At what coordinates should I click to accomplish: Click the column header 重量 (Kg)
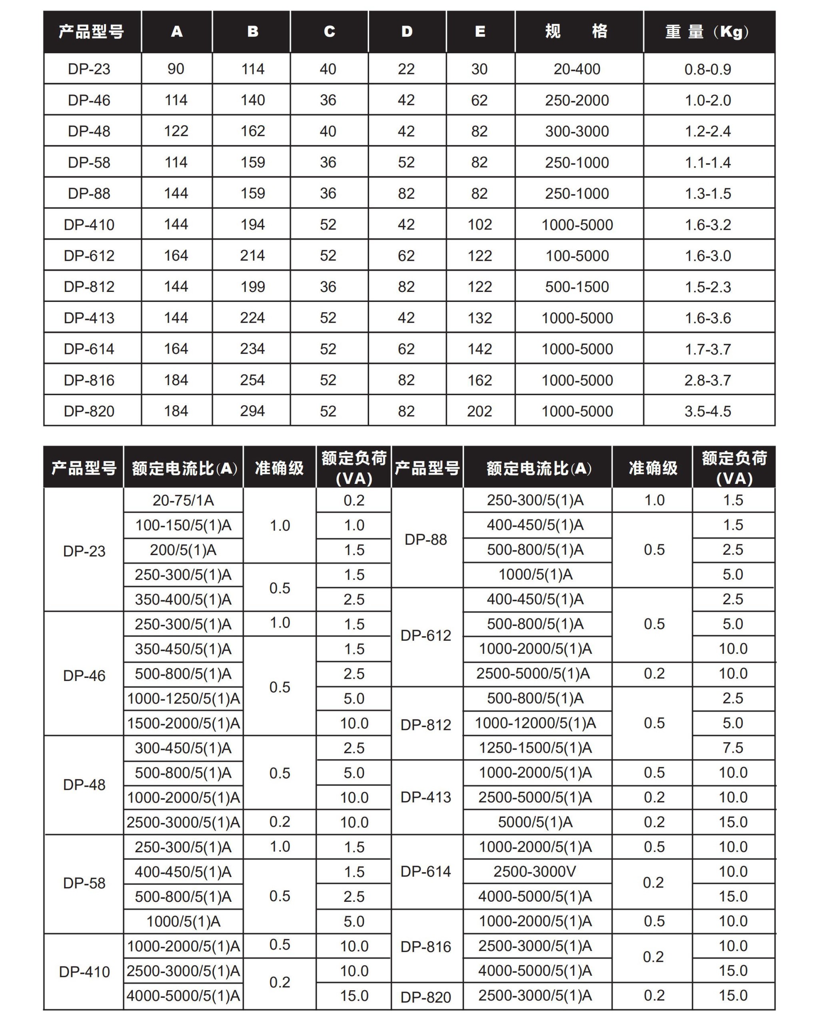click(x=707, y=32)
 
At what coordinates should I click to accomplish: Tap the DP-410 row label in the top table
click(x=89, y=224)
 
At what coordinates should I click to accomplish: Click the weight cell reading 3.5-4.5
click(x=707, y=411)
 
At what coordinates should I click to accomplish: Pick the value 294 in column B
click(x=252, y=411)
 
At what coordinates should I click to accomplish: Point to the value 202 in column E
click(x=479, y=411)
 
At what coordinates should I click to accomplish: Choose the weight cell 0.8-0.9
click(x=707, y=70)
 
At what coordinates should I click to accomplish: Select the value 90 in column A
click(x=176, y=69)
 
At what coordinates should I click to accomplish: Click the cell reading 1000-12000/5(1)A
click(x=535, y=723)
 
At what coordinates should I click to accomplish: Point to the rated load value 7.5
click(x=733, y=748)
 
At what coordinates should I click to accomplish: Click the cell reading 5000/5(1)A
click(x=535, y=822)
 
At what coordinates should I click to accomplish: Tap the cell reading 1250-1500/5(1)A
click(x=535, y=748)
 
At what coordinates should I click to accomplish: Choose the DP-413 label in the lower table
click(x=425, y=797)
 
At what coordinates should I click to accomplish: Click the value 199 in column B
click(x=252, y=286)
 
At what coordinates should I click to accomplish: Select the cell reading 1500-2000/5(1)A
click(x=184, y=723)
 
